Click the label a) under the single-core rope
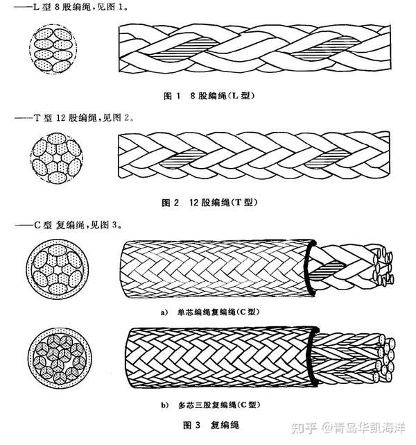click(x=164, y=312)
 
